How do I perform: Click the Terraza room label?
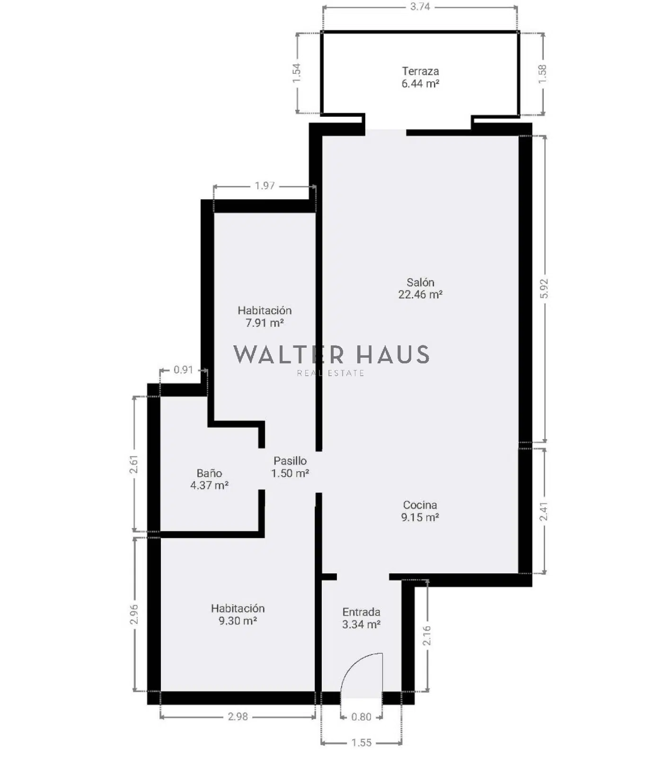click(420, 71)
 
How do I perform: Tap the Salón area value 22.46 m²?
click(420, 294)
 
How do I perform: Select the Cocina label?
click(420, 505)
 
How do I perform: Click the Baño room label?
click(209, 473)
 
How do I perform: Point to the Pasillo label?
click(290, 461)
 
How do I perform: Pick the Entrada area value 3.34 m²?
click(362, 625)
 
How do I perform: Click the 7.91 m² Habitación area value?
click(265, 323)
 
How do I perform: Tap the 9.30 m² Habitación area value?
click(238, 621)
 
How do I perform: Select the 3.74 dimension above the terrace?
click(420, 7)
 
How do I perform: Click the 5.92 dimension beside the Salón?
click(544, 288)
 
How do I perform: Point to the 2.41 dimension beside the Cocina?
click(544, 511)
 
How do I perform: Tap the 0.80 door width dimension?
click(361, 717)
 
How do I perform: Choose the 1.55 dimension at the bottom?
click(361, 742)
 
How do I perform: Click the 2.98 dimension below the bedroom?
click(238, 716)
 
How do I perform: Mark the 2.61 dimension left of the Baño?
click(134, 464)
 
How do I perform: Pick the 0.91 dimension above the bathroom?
click(184, 370)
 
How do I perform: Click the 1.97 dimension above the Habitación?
click(265, 185)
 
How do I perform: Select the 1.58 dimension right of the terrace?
click(542, 74)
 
